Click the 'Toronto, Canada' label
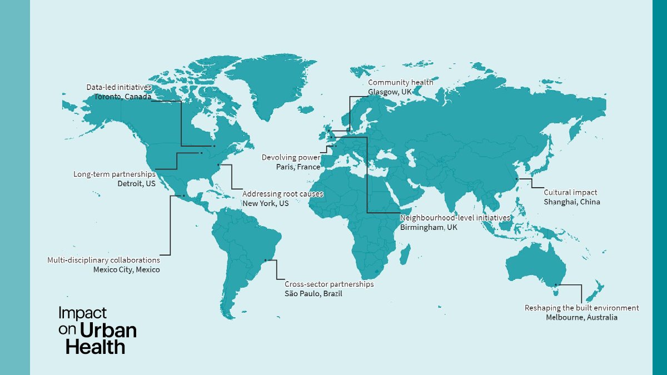122,97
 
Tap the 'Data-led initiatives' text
119,87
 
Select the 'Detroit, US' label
136,183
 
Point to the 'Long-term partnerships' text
115,174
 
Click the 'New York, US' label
266,203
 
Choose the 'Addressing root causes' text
283,194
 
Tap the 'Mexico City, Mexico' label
126,269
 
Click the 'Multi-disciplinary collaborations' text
103,260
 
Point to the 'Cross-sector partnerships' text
329,284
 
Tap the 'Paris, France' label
298,167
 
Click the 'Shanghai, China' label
572,202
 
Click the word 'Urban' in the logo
108,331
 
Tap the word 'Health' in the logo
95,347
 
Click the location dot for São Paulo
266,260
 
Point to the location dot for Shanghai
517,179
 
